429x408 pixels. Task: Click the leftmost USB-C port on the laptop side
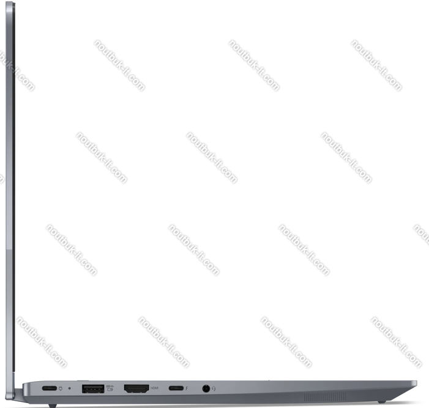click(x=49, y=388)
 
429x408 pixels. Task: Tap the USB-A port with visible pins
click(x=92, y=388)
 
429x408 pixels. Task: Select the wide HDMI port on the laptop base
click(x=136, y=388)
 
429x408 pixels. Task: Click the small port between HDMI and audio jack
click(x=176, y=388)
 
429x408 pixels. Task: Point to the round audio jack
click(x=206, y=388)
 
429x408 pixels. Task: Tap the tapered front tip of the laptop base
click(x=417, y=383)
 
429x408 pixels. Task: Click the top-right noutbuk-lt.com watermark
click(x=376, y=65)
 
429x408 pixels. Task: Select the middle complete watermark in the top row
click(x=253, y=65)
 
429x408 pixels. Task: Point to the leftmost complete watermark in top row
click(x=119, y=65)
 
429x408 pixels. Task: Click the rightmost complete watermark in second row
click(x=346, y=158)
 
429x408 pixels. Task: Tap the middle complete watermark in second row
click(x=211, y=158)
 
